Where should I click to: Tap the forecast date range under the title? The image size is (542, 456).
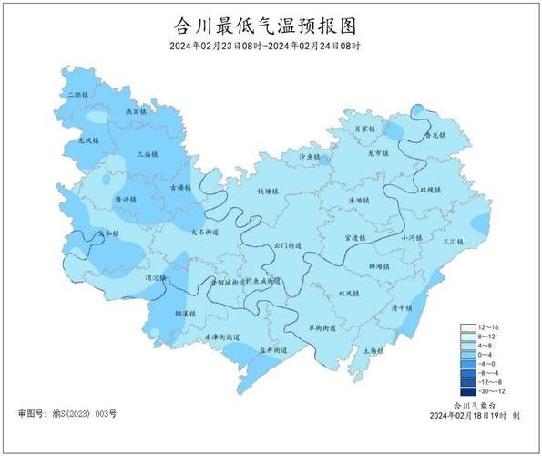coord(264,46)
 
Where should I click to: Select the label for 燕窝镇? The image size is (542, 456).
coord(135,111)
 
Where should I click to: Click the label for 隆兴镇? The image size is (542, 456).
coord(126,199)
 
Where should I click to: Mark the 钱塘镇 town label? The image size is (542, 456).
coord(267,192)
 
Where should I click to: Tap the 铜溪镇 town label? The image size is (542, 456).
coord(187,313)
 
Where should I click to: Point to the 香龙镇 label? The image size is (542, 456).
coord(436,135)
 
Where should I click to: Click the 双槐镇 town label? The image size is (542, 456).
coord(430,190)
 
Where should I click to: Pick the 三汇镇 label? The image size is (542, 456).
coord(452,242)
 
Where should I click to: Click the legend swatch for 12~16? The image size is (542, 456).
coord(467,327)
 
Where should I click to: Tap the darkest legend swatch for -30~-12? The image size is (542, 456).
coord(467,391)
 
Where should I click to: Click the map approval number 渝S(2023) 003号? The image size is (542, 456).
coord(66,413)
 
